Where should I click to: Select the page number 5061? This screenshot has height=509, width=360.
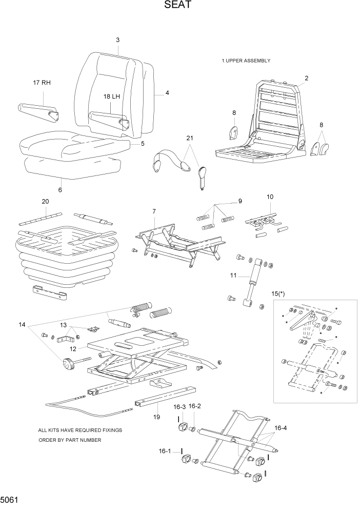[11, 499]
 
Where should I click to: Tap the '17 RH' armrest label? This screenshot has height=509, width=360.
[42, 83]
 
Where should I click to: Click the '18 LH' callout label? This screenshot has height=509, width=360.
[111, 96]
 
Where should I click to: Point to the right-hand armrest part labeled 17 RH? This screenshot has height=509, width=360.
[37, 111]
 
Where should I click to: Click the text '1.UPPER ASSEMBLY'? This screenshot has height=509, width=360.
[246, 61]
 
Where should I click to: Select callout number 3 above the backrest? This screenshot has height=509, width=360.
[117, 40]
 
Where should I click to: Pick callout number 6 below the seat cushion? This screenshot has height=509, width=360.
[60, 190]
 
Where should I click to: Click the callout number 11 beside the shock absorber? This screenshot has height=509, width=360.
[233, 276]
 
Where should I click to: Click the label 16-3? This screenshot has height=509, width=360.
[179, 407]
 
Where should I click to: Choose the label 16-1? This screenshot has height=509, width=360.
[165, 451]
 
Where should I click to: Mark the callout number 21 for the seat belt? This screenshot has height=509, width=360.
[189, 139]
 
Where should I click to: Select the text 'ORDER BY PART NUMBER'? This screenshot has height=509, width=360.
[70, 440]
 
